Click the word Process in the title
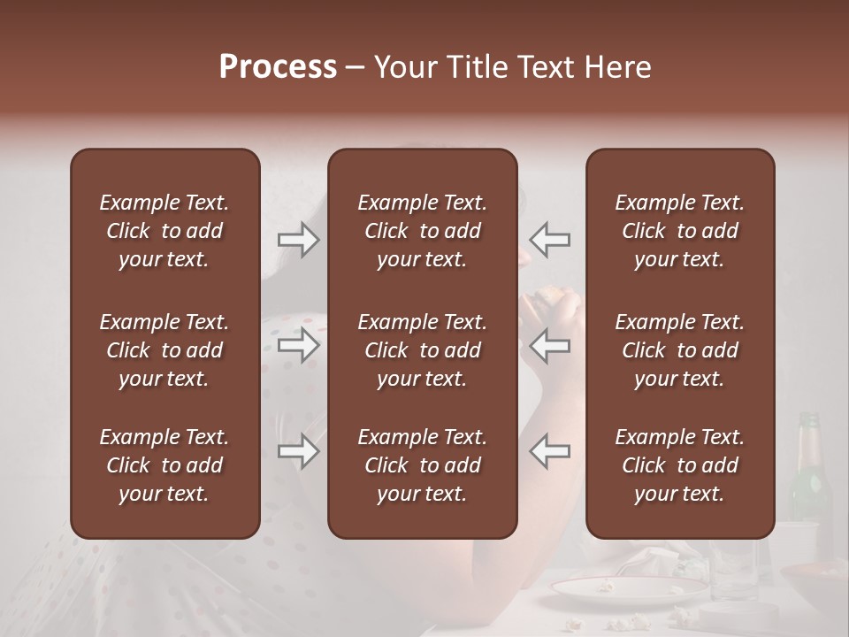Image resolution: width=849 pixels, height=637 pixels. [x=278, y=67]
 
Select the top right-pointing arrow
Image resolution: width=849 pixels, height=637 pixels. [x=298, y=240]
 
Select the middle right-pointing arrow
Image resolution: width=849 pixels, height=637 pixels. [x=298, y=345]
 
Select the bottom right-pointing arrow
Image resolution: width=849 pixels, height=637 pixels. [x=298, y=451]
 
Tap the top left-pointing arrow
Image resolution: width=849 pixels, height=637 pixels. [x=550, y=240]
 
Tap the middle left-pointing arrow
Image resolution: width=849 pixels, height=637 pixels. [x=550, y=345]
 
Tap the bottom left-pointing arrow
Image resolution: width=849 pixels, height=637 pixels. [x=550, y=451]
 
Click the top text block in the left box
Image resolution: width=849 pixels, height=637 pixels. [x=164, y=231]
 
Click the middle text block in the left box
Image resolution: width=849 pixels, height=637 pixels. [x=164, y=350]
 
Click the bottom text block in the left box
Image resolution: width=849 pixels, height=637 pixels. [x=164, y=465]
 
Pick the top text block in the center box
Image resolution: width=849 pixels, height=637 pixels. [x=422, y=231]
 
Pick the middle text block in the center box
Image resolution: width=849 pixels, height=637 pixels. [x=422, y=350]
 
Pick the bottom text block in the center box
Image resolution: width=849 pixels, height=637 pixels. [x=422, y=465]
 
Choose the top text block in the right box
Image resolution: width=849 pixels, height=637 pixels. [x=679, y=231]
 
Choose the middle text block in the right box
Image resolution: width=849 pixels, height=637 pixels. [x=679, y=350]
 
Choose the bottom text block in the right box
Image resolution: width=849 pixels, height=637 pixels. [x=679, y=465]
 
